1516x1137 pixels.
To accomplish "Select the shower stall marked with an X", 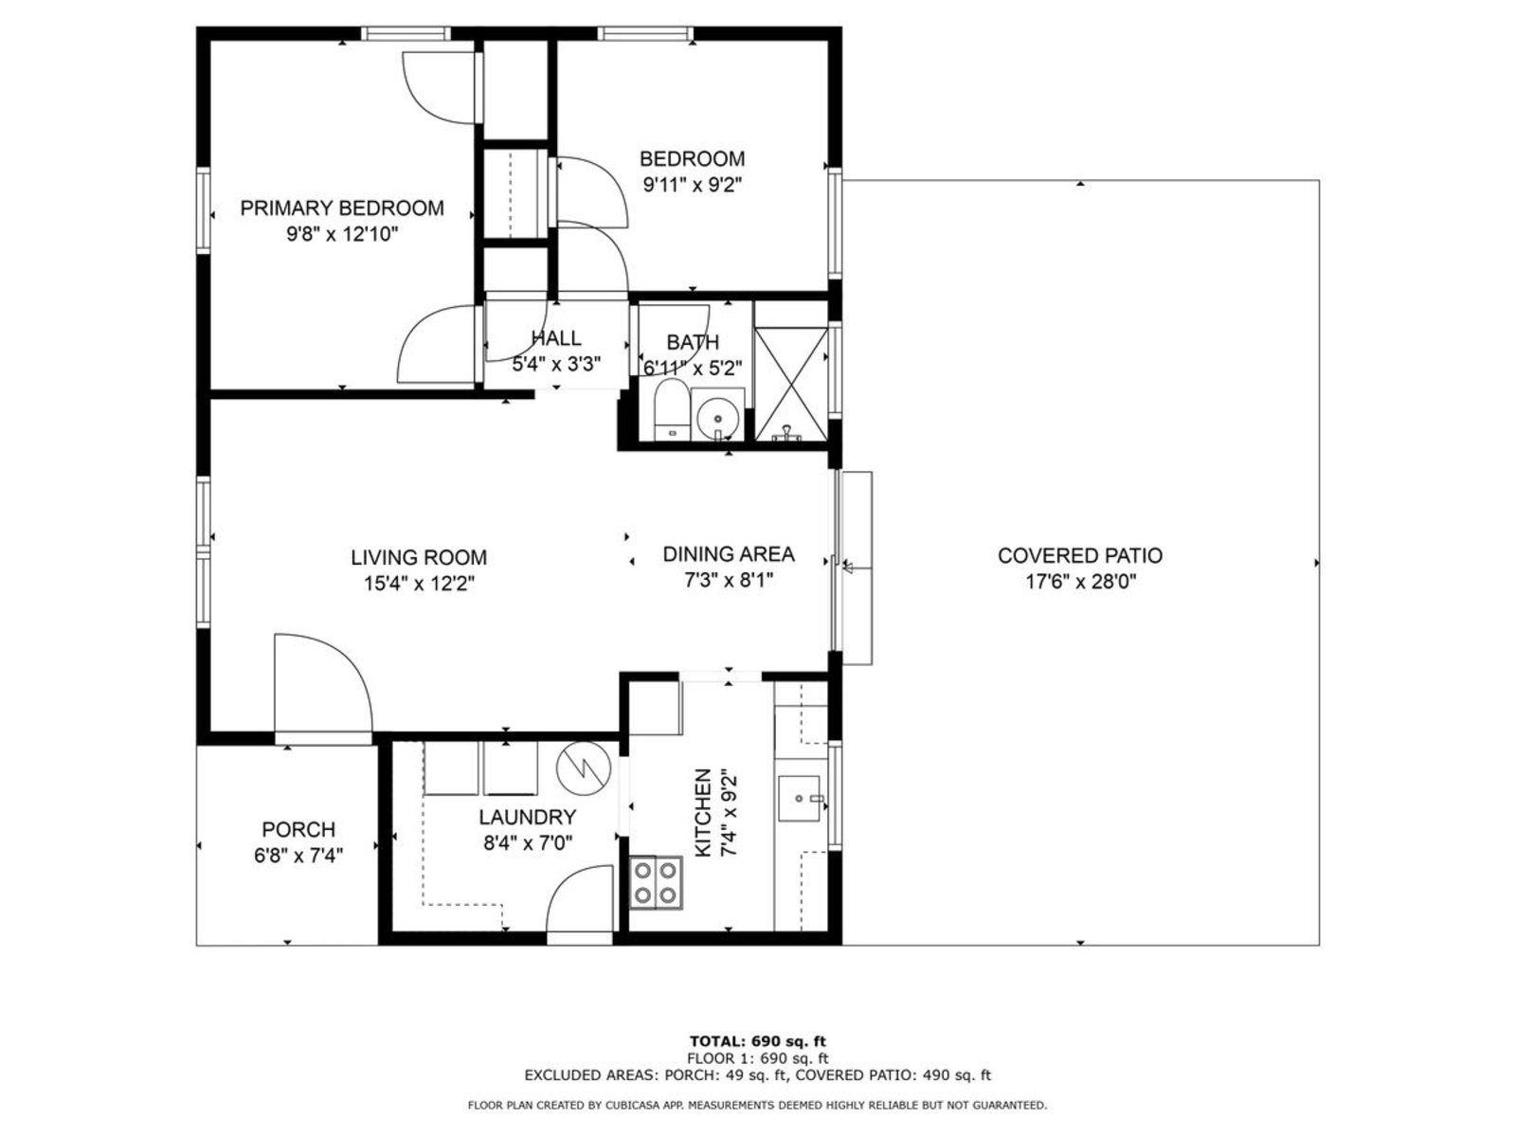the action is click(791, 383).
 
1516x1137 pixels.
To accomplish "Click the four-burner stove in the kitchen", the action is click(655, 882).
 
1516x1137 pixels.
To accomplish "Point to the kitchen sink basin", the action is click(799, 798).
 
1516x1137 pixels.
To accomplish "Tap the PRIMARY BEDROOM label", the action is click(342, 208).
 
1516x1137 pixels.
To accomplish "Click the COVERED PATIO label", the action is click(1079, 555).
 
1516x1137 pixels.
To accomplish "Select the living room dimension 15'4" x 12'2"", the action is click(419, 584).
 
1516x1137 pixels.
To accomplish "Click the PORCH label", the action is click(298, 829).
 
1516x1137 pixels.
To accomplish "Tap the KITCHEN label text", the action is click(703, 813).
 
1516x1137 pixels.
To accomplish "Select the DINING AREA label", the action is click(728, 553).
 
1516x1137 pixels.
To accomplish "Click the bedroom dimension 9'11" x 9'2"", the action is click(692, 185).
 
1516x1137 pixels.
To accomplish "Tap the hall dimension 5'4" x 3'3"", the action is click(556, 364).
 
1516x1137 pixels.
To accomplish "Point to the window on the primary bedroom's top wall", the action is click(406, 33).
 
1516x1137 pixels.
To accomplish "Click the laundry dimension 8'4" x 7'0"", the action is click(528, 843).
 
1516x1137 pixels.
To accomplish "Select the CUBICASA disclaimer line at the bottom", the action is click(757, 1105).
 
